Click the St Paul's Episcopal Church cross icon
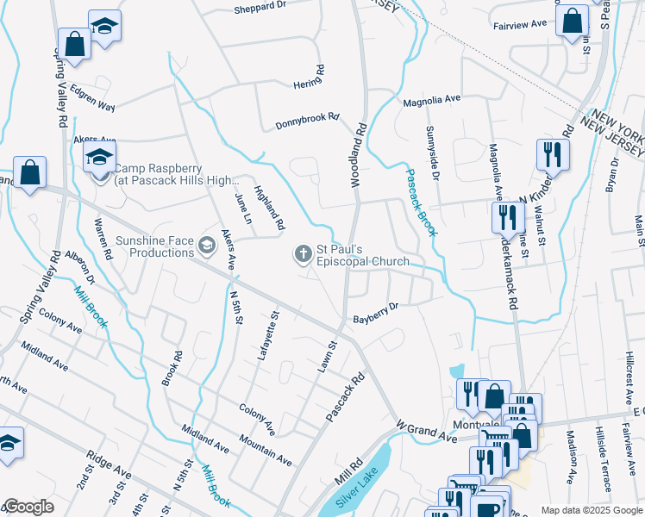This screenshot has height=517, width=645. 303,254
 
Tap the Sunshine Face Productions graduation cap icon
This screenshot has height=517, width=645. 206,246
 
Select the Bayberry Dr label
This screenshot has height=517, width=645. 375,313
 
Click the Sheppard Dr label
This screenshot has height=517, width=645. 260,6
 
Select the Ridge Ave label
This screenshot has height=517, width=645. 109,464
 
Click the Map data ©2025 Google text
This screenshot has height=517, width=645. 591,510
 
